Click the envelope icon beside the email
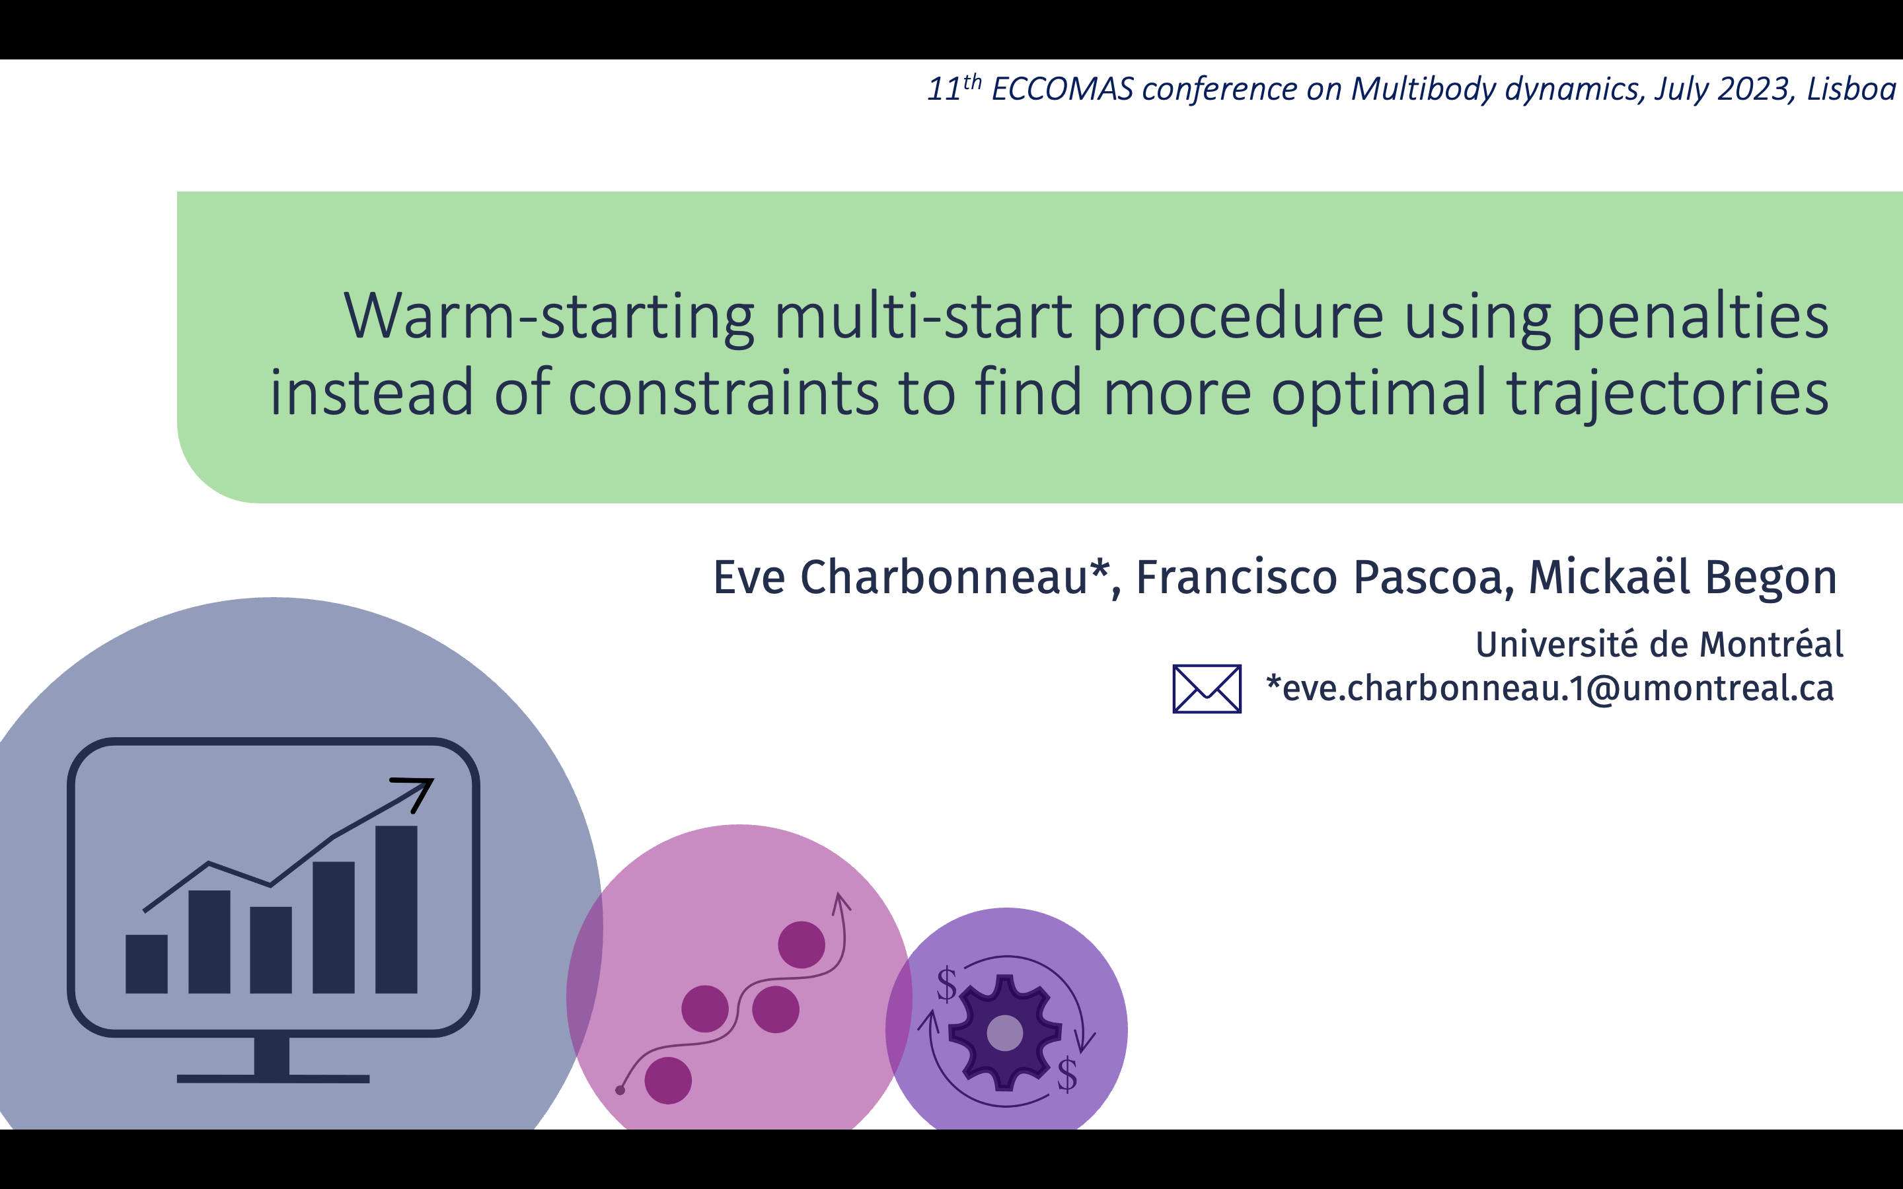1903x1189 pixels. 1207,689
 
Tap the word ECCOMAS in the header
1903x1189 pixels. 1063,89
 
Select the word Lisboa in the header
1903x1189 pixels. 1851,89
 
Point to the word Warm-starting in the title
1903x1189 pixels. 550,317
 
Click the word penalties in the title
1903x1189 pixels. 1700,317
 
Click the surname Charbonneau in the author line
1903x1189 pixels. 944,577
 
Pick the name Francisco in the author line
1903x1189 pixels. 1236,577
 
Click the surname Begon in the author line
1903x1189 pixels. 1771,577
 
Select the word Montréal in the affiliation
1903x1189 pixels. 1772,644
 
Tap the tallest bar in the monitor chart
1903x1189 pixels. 396,910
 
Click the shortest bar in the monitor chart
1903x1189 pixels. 146,964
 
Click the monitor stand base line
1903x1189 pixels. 273,1079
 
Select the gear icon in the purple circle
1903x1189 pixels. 1004,1032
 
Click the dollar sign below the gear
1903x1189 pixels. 1067,1075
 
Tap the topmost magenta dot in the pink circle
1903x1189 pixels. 802,945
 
